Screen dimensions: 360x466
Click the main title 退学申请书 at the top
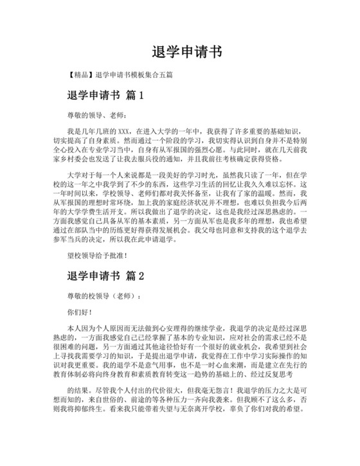click(x=179, y=51)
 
